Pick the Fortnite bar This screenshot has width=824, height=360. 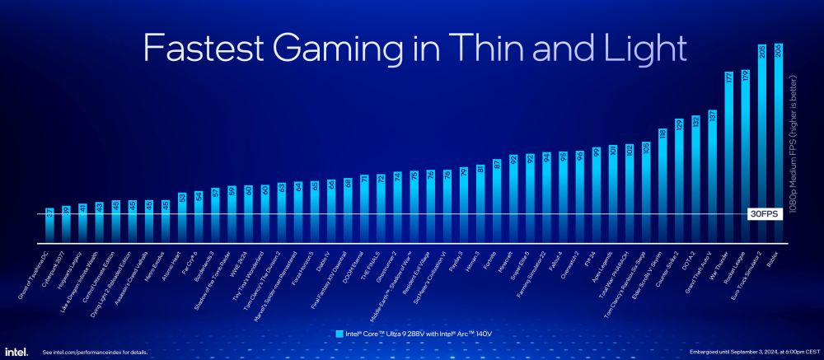496,202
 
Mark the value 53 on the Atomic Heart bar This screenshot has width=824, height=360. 182,197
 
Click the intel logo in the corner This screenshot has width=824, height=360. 16,351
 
